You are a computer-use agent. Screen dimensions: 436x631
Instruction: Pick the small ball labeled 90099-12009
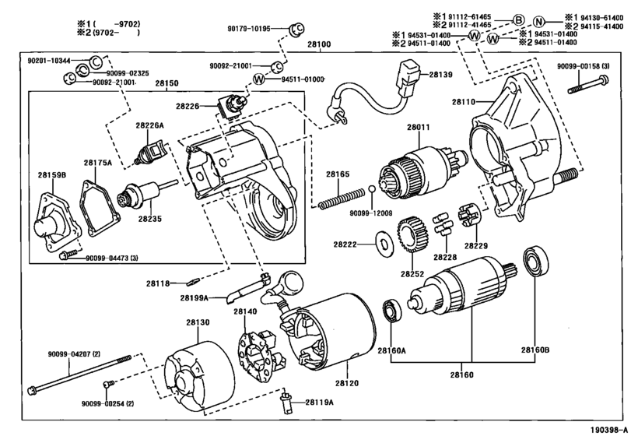click(373, 191)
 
